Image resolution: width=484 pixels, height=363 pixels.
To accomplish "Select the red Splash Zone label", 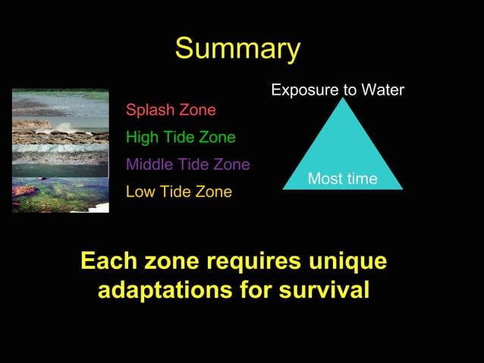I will pyautogui.click(x=171, y=110).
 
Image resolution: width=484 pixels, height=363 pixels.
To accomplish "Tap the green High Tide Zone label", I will pyautogui.click(x=181, y=137).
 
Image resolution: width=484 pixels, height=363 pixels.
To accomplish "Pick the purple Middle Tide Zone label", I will pyautogui.click(x=187, y=164).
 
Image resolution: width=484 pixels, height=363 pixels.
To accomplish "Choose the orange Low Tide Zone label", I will pyautogui.click(x=178, y=191).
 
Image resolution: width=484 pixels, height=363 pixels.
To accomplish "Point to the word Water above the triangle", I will pyautogui.click(x=382, y=90).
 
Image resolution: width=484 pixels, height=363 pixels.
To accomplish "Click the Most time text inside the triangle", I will pyautogui.click(x=342, y=179).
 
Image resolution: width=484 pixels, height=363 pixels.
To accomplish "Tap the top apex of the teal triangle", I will pyautogui.click(x=343, y=99).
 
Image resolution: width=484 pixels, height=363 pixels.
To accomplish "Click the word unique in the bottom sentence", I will pyautogui.click(x=343, y=261).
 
